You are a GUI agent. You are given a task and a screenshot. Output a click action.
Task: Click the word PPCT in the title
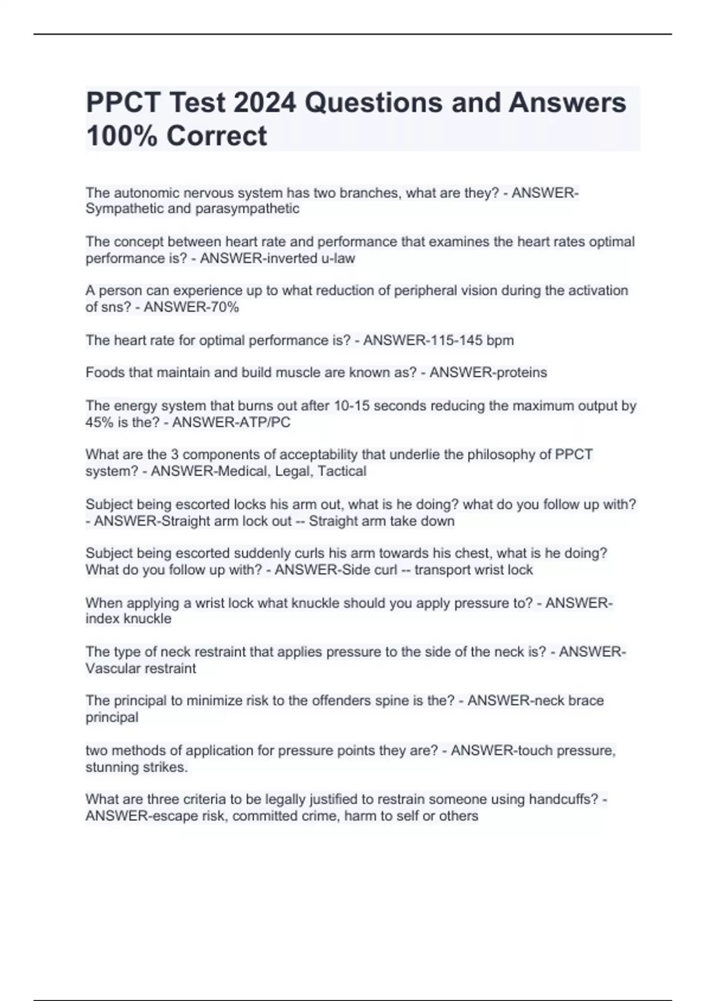point(123,103)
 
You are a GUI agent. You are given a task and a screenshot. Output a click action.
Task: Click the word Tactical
point(342,471)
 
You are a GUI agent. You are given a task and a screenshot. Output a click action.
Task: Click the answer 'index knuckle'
point(128,619)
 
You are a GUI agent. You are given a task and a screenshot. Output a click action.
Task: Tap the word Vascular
point(111,668)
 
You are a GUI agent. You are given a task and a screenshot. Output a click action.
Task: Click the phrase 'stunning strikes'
point(136,767)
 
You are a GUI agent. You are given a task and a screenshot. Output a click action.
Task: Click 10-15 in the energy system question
point(351,406)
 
